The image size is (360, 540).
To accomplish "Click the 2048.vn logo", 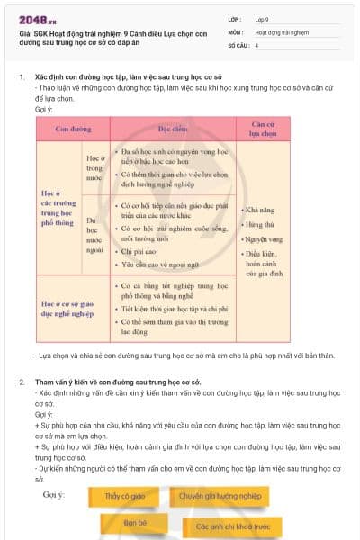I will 35,19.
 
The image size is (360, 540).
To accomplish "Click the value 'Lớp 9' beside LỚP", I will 262,19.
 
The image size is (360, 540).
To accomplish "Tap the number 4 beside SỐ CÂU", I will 256,44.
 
